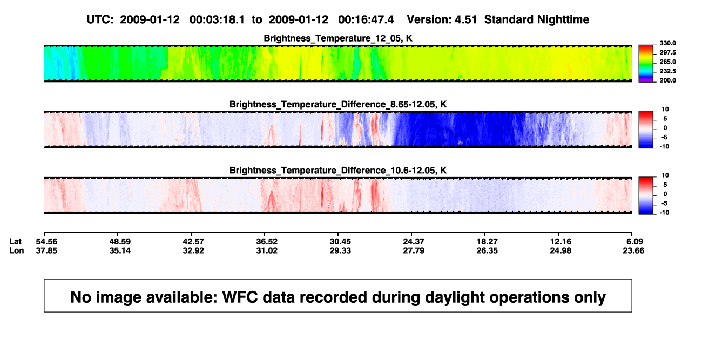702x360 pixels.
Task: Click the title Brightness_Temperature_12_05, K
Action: point(338,38)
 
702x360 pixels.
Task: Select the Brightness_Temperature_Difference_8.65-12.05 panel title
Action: point(338,104)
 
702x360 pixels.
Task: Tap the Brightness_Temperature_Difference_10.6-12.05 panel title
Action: point(338,171)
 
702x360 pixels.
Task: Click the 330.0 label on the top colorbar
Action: point(667,43)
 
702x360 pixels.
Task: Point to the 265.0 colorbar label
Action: point(667,62)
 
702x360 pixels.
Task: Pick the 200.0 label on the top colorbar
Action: point(667,80)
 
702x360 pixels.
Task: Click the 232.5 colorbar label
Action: point(667,71)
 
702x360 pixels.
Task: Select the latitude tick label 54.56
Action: point(46,242)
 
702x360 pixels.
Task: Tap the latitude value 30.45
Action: point(340,242)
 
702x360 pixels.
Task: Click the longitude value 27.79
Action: point(414,250)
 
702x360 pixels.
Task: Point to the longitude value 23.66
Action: point(633,250)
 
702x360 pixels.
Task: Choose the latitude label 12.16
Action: point(561,242)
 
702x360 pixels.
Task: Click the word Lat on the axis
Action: point(15,242)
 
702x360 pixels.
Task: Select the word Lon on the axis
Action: point(17,250)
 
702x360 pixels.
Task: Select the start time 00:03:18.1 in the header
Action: point(217,19)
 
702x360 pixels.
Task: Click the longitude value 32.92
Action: point(193,250)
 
